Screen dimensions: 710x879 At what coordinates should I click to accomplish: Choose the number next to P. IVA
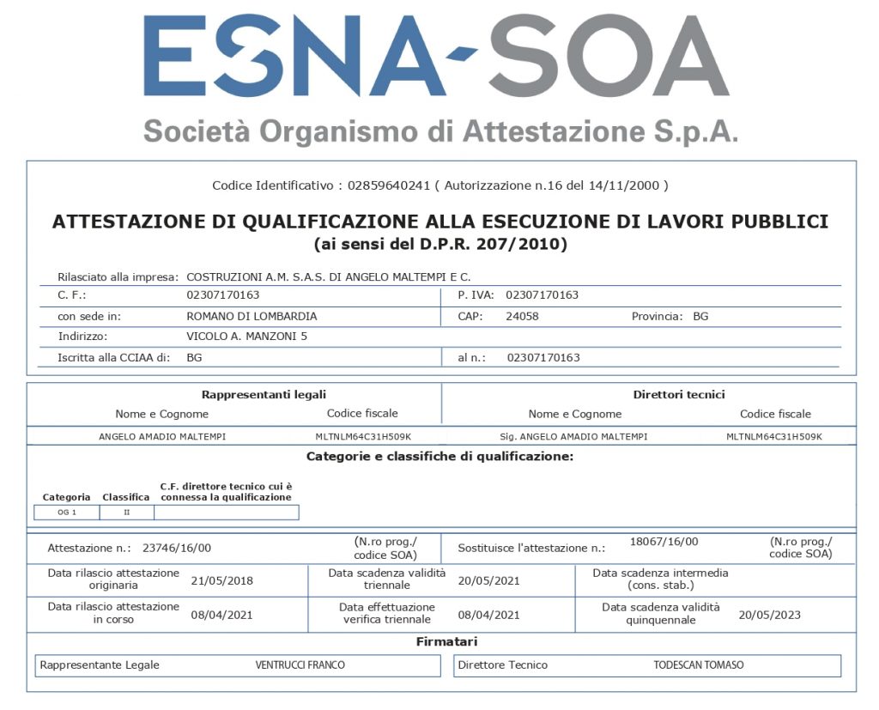pos(542,295)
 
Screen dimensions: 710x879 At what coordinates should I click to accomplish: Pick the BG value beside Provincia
pos(700,316)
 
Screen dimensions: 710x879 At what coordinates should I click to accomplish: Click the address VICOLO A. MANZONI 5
pos(246,337)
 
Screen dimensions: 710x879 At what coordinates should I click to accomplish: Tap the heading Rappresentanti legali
pos(264,395)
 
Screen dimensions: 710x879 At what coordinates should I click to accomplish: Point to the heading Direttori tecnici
pos(678,395)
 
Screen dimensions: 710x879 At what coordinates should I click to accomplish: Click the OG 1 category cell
pos(67,513)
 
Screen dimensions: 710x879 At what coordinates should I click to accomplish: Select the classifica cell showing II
pos(127,513)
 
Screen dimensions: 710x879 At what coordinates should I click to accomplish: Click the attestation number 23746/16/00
pos(177,548)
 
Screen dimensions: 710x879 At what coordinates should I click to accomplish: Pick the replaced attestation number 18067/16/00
pos(664,542)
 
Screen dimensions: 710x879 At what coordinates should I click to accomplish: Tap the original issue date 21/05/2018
pos(222,580)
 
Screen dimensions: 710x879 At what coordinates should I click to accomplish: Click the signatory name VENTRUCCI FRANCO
pos(300,665)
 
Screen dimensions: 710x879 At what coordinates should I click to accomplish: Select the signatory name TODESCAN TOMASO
pos(699,665)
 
